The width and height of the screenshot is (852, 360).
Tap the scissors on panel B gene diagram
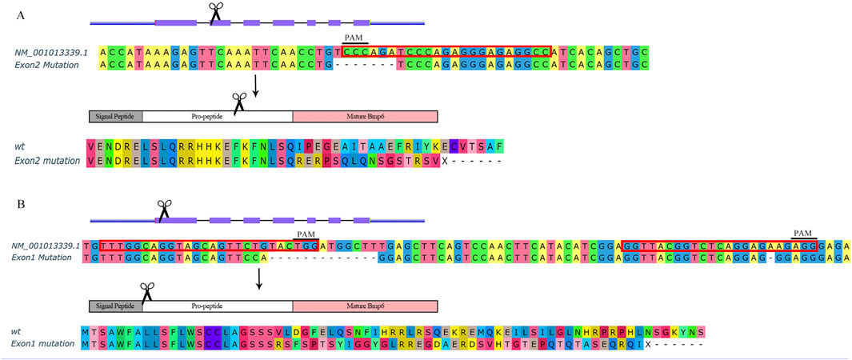[x=163, y=209]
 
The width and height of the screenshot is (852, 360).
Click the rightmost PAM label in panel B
[x=803, y=233]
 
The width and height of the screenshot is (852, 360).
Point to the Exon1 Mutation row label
[x=50, y=258]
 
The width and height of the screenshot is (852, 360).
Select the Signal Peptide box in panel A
[x=116, y=116]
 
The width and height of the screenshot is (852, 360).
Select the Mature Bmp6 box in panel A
[x=365, y=116]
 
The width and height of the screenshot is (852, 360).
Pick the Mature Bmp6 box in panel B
[x=365, y=306]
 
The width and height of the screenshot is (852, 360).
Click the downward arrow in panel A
[x=255, y=86]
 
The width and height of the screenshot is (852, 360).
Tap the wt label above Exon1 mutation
[x=16, y=330]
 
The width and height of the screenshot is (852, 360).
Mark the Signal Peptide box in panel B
[x=116, y=306]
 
